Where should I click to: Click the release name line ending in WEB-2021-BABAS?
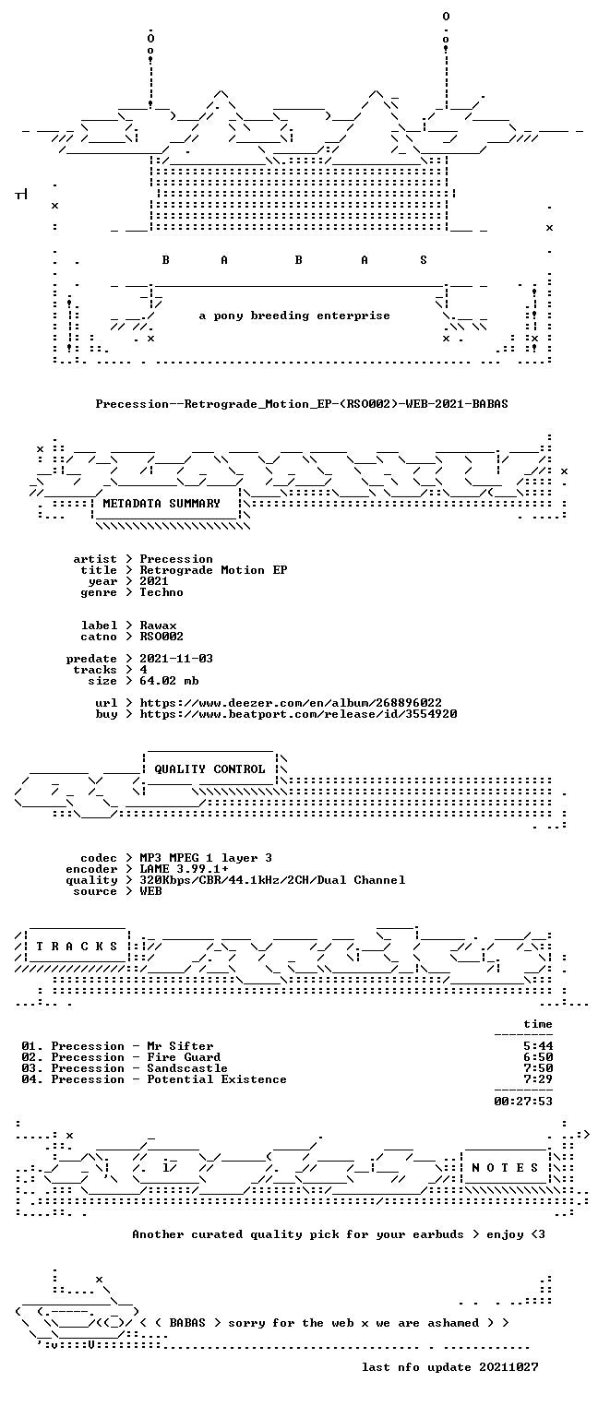[x=302, y=404]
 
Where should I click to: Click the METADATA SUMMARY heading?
[x=161, y=504]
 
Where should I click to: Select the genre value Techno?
[x=161, y=592]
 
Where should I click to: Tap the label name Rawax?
[x=158, y=626]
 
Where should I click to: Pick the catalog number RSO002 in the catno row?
[x=161, y=637]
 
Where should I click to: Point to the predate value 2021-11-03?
[x=176, y=659]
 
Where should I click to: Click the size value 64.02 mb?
[x=169, y=681]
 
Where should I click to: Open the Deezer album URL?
[x=290, y=703]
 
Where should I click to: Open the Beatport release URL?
[x=298, y=714]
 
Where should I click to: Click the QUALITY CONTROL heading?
[x=209, y=769]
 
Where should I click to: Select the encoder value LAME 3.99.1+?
[x=184, y=869]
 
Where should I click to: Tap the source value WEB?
[x=150, y=891]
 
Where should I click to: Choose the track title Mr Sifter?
[x=180, y=1046]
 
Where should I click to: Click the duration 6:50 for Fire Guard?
[x=538, y=1057]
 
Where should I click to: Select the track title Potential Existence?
[x=217, y=1079]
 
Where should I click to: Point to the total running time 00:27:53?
[x=523, y=1102]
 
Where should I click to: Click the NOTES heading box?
[x=505, y=1168]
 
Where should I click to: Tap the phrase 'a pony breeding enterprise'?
[x=294, y=316]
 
